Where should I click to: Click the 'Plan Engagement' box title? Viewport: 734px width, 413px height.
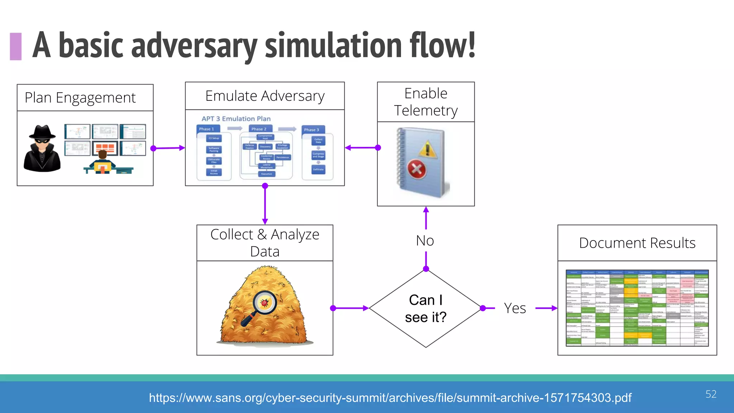pos(80,98)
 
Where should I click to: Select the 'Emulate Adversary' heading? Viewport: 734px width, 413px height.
pos(265,96)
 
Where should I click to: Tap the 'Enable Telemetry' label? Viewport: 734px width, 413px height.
pos(426,102)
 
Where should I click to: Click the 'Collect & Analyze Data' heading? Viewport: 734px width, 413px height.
pos(265,243)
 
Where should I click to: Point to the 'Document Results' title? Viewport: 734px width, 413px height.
pos(637,243)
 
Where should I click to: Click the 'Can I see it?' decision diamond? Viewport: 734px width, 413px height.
pos(426,308)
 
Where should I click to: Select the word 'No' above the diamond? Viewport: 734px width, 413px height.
pos(425,241)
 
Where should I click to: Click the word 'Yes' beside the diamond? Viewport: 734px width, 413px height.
pos(515,308)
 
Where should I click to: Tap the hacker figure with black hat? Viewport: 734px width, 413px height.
pos(42,149)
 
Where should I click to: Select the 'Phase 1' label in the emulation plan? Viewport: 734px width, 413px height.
pos(206,129)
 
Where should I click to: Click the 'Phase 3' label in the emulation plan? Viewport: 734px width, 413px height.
pos(311,130)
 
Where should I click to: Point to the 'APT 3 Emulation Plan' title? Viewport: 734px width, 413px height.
pos(236,119)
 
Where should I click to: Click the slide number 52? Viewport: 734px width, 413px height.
pos(711,394)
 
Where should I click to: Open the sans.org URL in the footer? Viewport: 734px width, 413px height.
pos(390,398)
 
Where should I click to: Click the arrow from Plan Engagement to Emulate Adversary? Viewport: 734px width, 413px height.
pos(168,148)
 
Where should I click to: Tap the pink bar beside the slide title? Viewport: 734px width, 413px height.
pos(16,46)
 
